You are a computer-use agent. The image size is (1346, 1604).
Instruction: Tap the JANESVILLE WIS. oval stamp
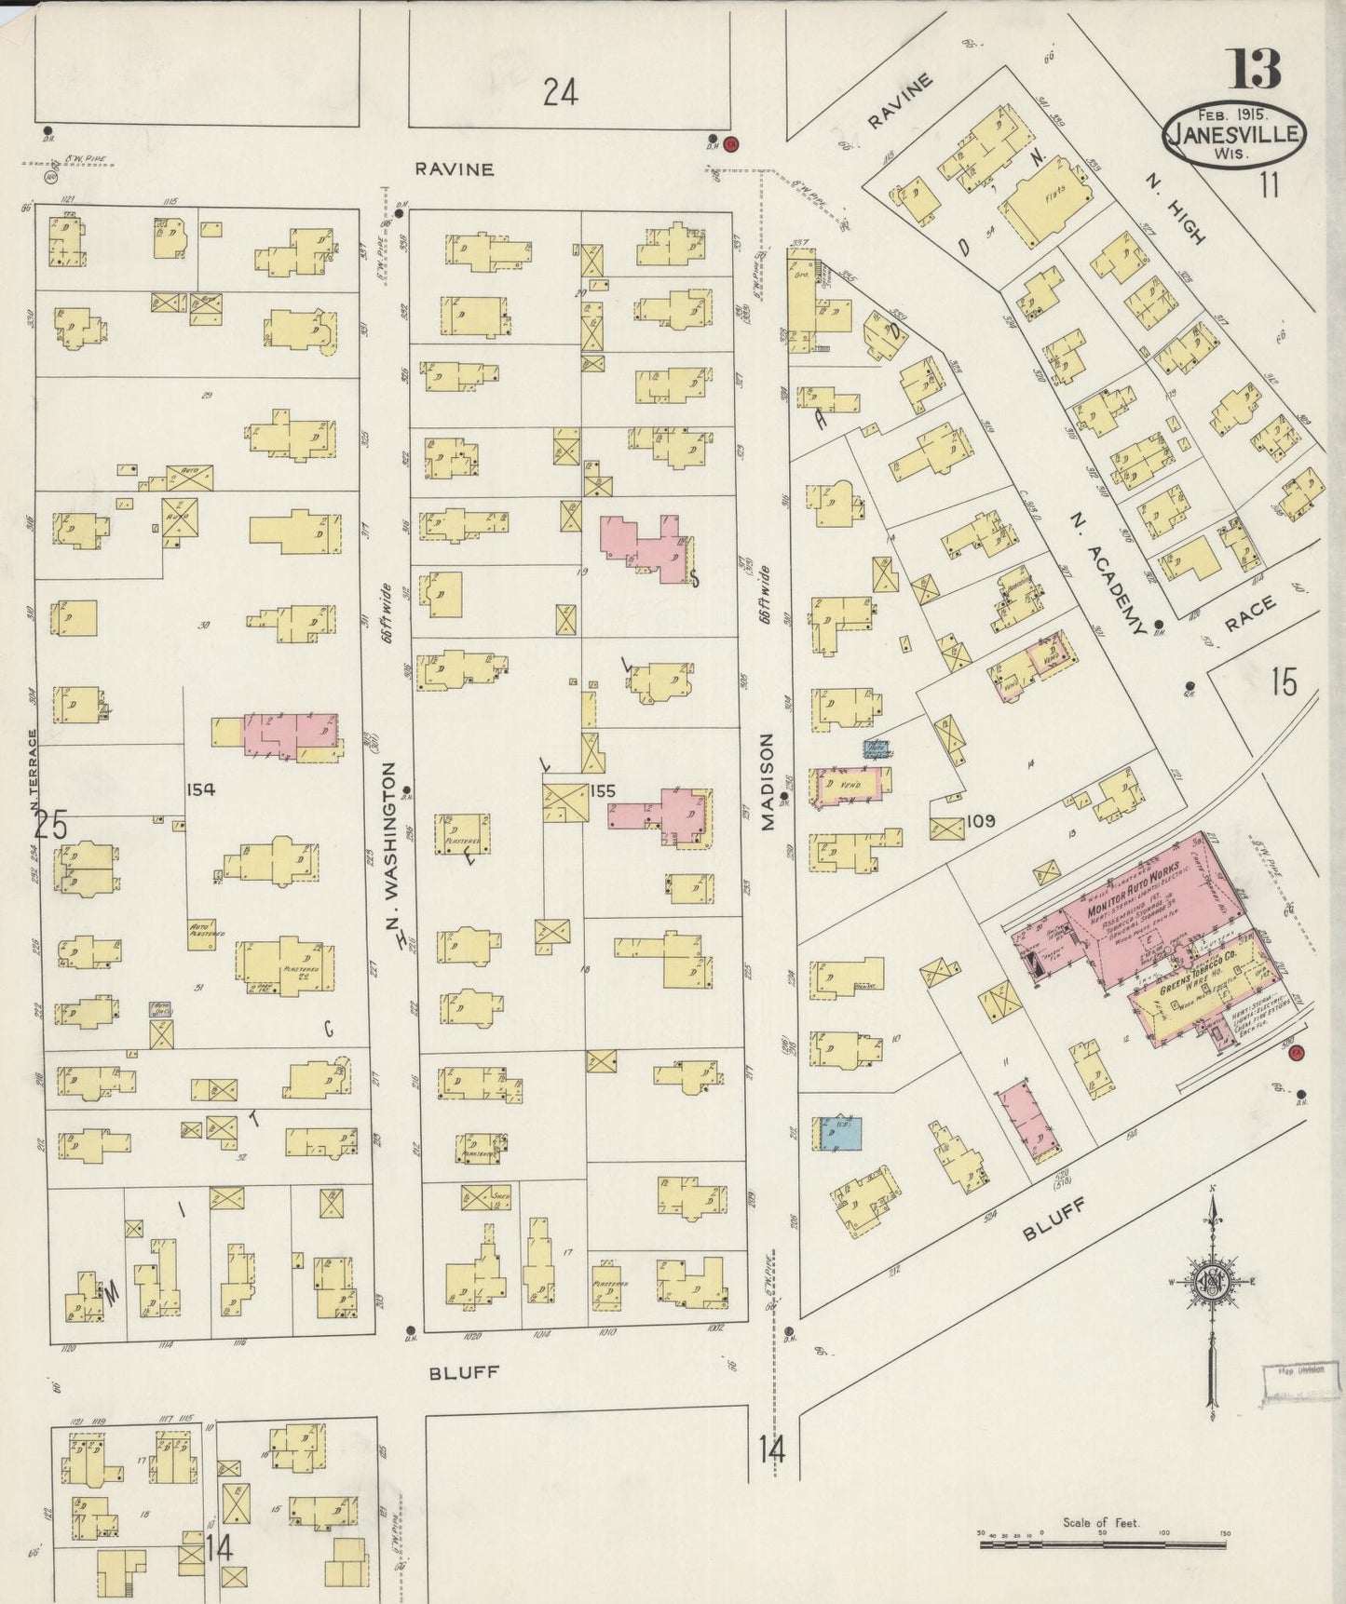pyautogui.click(x=1234, y=137)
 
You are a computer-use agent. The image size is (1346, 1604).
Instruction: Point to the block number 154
pyautogui.click(x=200, y=789)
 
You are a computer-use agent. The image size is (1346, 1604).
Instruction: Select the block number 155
pyautogui.click(x=603, y=791)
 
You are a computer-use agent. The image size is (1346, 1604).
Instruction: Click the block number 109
pyautogui.click(x=981, y=821)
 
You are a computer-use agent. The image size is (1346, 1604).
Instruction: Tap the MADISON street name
pyautogui.click(x=767, y=780)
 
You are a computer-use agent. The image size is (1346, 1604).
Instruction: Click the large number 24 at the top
pyautogui.click(x=561, y=92)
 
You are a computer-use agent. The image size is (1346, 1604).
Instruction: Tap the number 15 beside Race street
pyautogui.click(x=1284, y=682)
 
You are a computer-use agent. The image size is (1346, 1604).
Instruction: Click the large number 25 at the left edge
pyautogui.click(x=51, y=824)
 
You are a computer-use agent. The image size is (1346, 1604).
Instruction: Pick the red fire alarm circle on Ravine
pyautogui.click(x=731, y=143)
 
